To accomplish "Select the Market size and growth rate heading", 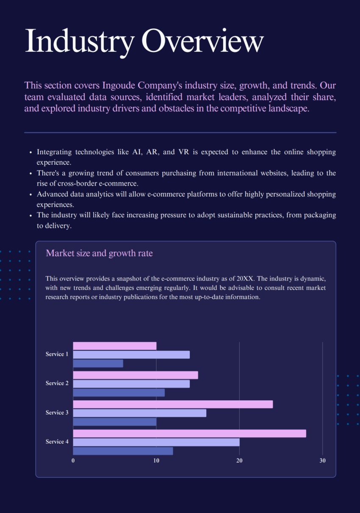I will [99, 253].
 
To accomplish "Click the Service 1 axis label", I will [57, 354].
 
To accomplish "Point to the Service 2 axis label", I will [57, 383].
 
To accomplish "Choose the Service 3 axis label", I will [57, 413].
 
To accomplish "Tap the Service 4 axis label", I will [57, 442].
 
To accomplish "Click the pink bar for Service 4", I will [189, 433].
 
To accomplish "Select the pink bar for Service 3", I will [173, 405].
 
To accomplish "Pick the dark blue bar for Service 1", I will [98, 363].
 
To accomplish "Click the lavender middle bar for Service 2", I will [131, 384].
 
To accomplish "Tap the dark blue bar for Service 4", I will [123, 451].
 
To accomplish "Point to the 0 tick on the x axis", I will [73, 461].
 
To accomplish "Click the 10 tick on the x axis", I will [156, 461].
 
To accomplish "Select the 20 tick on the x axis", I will [239, 461].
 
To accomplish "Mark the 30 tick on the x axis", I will [322, 461].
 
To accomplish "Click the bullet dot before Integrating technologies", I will [30, 152].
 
